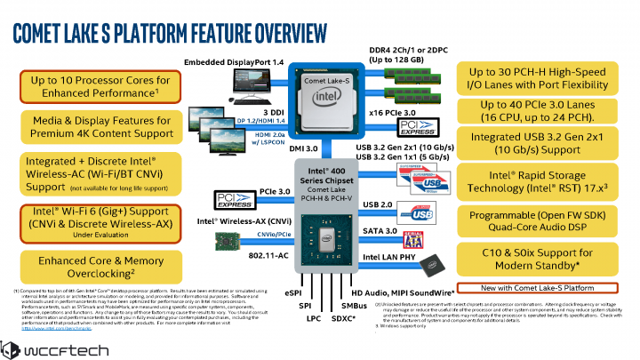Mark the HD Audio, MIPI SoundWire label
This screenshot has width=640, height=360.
[x=403, y=292]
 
